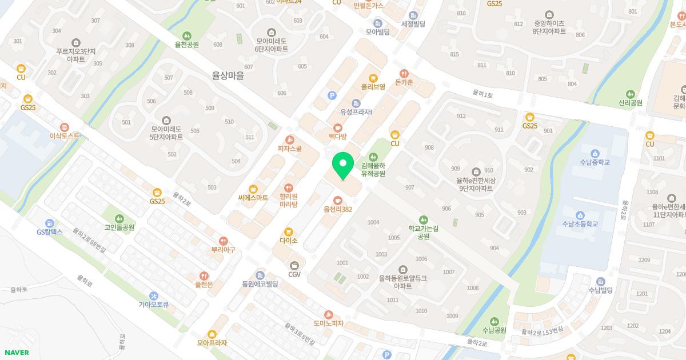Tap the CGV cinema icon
(294, 265)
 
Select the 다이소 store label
(289, 241)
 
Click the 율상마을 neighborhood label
(228, 75)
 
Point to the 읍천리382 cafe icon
(338, 200)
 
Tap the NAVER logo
(16, 353)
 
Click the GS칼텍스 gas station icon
(50, 223)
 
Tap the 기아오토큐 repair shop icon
(154, 295)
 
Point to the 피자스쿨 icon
(290, 139)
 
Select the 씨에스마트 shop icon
(253, 189)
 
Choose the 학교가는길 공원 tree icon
(424, 219)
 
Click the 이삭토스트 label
(65, 136)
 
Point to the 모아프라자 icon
(212, 334)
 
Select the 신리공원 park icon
(631, 94)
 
